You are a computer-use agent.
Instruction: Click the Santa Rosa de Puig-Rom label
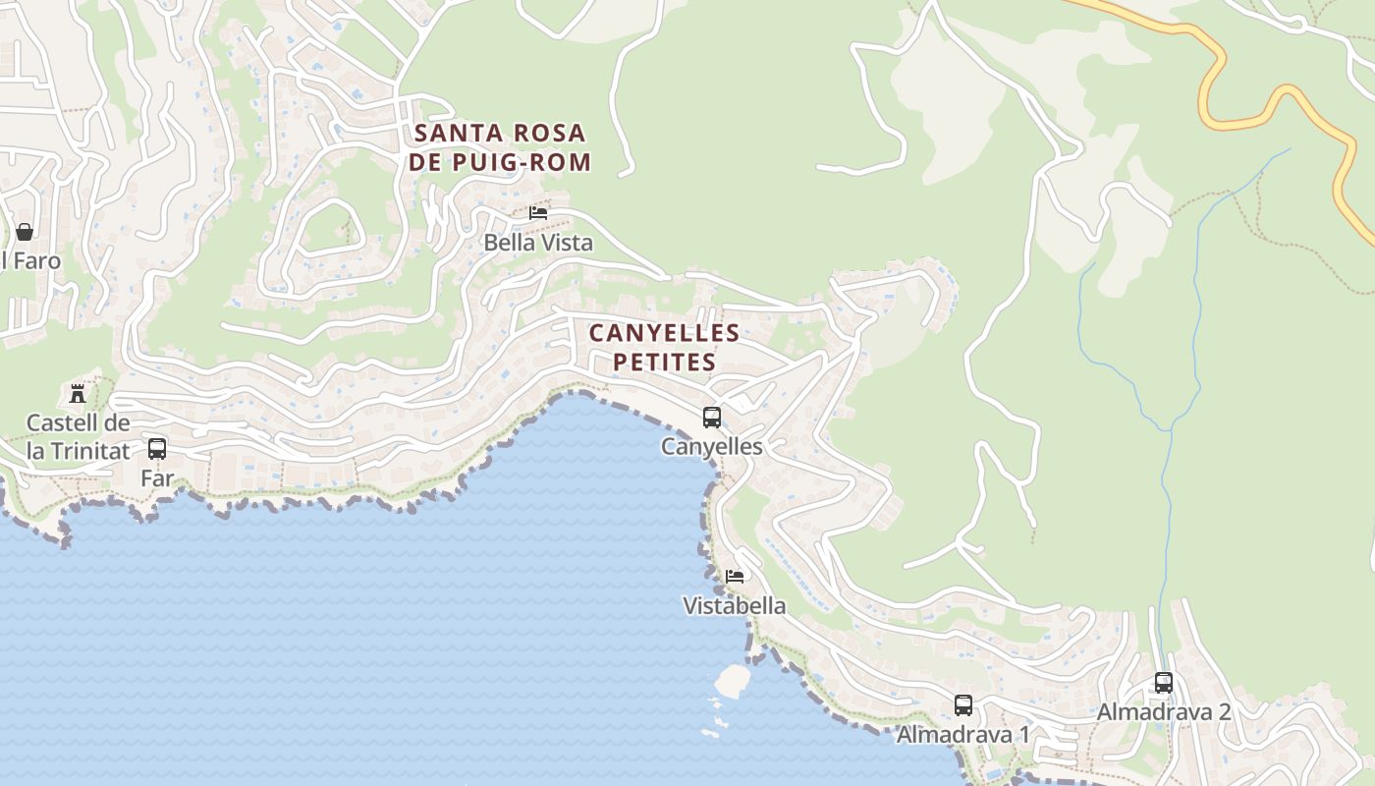[x=500, y=147]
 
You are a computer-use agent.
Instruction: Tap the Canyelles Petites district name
[x=665, y=348]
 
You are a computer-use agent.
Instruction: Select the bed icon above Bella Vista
[x=538, y=212]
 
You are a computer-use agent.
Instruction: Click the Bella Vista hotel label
[x=538, y=242]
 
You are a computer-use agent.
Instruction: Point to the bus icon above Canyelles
[x=712, y=417]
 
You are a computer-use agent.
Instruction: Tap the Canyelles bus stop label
[x=712, y=446]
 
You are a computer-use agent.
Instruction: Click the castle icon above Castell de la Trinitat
[x=78, y=394]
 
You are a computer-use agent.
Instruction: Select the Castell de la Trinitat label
[x=78, y=437]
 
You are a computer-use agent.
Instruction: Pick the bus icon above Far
[x=157, y=449]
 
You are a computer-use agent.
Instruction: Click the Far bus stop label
[x=157, y=478]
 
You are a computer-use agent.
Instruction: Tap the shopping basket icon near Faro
[x=25, y=232]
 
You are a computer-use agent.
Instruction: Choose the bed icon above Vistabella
[x=735, y=576]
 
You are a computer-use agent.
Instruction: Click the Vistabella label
[x=735, y=605]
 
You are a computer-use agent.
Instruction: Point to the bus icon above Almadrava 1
[x=963, y=704]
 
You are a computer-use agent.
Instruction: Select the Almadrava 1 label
[x=963, y=734]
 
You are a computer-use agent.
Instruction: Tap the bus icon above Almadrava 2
[x=1164, y=682]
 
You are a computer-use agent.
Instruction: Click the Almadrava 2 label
[x=1164, y=711]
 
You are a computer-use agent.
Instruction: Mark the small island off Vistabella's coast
[x=732, y=680]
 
